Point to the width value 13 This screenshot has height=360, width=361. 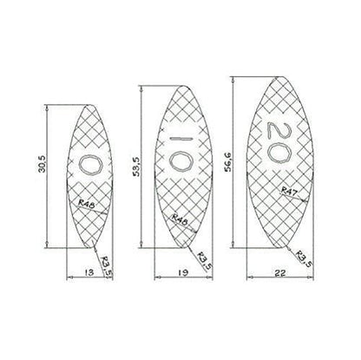pyautogui.click(x=87, y=272)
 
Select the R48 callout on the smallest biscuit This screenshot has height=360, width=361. pyautogui.click(x=85, y=205)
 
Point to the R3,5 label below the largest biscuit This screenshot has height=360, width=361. pyautogui.click(x=303, y=258)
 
